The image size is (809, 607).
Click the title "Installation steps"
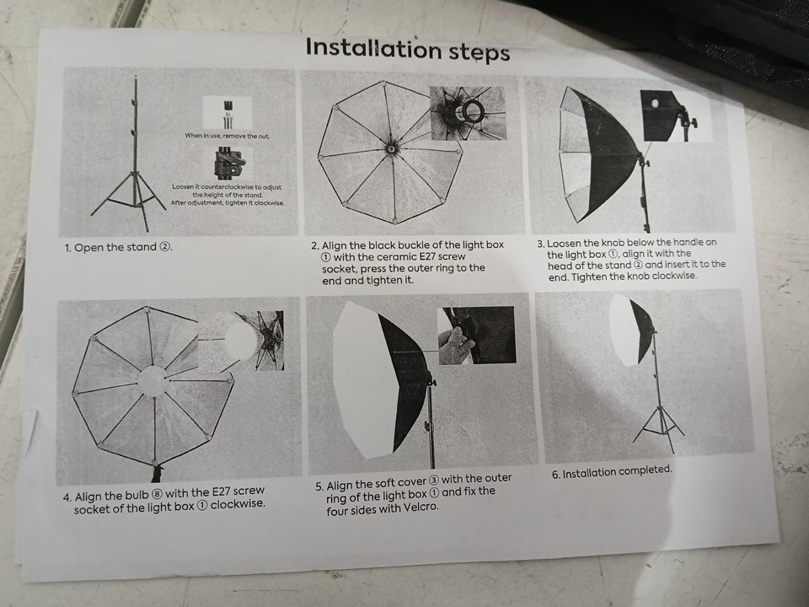click(x=408, y=50)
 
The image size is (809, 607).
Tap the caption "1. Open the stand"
click(x=118, y=247)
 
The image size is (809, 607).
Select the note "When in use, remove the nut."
click(x=227, y=137)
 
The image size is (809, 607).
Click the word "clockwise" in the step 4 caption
click(x=238, y=503)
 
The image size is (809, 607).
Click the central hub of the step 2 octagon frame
click(x=391, y=148)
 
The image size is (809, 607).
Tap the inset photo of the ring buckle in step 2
click(x=468, y=113)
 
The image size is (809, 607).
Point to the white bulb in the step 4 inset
click(x=241, y=341)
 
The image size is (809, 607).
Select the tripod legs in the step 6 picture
click(x=659, y=428)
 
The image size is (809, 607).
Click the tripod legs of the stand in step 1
click(x=129, y=201)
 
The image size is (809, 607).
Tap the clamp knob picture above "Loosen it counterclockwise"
click(x=230, y=163)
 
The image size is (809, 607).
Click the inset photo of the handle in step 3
click(x=676, y=116)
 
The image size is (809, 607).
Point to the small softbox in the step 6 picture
click(x=631, y=330)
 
